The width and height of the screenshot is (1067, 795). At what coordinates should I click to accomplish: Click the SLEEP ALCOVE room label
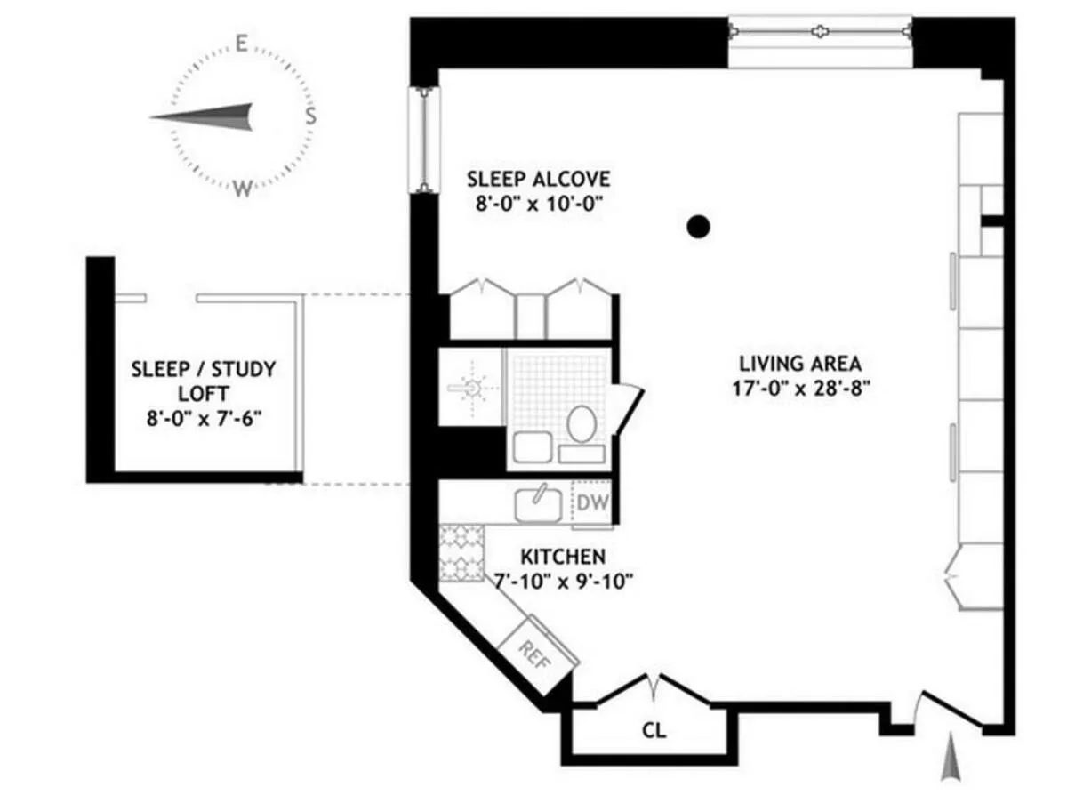pyautogui.click(x=538, y=180)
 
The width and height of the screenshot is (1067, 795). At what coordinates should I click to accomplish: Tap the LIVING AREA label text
pyautogui.click(x=799, y=363)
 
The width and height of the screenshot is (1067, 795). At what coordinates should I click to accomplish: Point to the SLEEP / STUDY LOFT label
pyautogui.click(x=204, y=381)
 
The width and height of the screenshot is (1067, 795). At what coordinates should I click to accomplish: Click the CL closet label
pyautogui.click(x=654, y=732)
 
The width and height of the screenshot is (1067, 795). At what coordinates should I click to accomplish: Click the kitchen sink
pyautogui.click(x=539, y=505)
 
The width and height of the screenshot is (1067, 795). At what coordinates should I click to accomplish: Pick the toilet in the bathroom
pyautogui.click(x=581, y=424)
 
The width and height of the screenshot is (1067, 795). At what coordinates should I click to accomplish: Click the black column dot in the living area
pyautogui.click(x=700, y=226)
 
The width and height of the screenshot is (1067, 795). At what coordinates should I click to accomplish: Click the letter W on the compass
pyautogui.click(x=242, y=189)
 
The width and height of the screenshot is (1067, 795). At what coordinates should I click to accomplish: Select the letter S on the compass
pyautogui.click(x=310, y=116)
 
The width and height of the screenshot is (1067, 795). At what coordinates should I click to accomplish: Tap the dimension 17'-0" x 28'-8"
pyautogui.click(x=799, y=387)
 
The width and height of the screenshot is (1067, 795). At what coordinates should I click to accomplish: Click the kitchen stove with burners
pyautogui.click(x=461, y=552)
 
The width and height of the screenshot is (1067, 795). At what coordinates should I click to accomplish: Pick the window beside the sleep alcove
pyautogui.click(x=424, y=140)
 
